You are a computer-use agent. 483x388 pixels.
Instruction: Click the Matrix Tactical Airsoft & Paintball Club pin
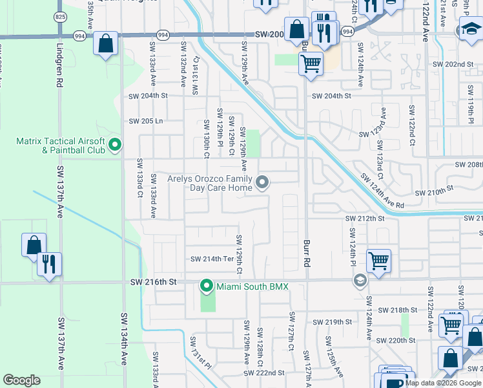(x=115, y=144)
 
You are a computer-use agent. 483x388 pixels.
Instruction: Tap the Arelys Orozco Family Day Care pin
(x=262, y=183)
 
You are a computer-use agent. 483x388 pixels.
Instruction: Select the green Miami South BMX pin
(x=207, y=285)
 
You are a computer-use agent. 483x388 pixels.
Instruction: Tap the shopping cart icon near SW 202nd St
(x=311, y=64)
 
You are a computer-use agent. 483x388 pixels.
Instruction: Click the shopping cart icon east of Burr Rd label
(x=378, y=261)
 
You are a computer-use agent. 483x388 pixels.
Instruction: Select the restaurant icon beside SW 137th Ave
(x=49, y=264)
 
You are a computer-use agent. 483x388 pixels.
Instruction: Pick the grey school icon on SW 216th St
(x=359, y=281)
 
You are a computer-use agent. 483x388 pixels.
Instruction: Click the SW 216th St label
(x=153, y=283)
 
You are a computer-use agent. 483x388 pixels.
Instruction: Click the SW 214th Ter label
(x=211, y=259)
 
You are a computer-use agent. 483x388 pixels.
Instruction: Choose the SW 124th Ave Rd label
(x=382, y=191)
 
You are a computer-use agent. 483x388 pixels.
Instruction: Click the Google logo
(x=21, y=380)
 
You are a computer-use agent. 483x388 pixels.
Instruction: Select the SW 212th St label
(x=365, y=219)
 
